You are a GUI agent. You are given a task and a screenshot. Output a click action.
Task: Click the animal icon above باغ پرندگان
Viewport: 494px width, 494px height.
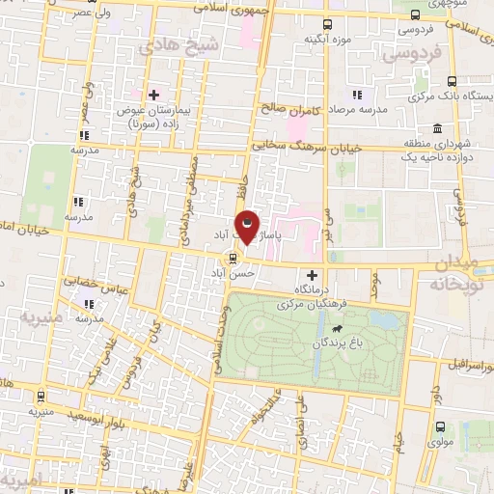[337, 326]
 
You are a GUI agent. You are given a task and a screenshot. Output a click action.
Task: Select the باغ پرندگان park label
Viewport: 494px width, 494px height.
[327, 343]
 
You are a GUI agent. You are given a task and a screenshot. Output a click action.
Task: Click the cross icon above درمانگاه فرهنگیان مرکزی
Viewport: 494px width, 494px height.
[311, 275]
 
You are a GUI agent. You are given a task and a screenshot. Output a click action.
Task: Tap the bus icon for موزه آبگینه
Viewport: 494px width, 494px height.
[327, 23]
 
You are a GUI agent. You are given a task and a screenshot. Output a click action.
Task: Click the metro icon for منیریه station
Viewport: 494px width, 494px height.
[40, 396]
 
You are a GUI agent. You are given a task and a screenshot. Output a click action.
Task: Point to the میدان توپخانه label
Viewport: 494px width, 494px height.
[448, 274]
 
